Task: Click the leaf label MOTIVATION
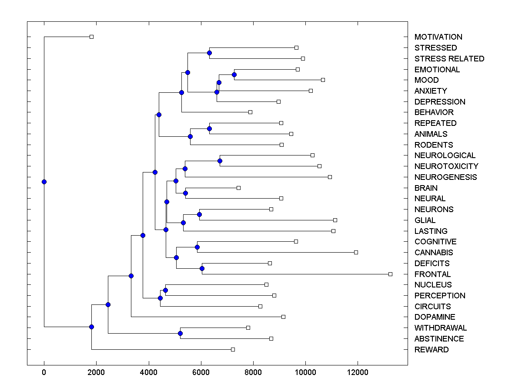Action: point(438,37)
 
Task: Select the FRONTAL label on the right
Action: point(432,274)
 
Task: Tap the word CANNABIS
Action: point(434,253)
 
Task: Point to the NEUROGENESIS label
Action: point(445,177)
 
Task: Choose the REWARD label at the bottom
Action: point(431,350)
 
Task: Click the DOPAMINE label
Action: point(435,317)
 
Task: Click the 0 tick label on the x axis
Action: point(44,372)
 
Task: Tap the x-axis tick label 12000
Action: point(358,372)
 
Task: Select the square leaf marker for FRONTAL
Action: point(390,274)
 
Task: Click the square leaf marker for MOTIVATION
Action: point(91,37)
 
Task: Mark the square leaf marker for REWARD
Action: point(233,349)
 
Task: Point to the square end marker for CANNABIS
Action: point(356,252)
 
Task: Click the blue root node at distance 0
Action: point(44,182)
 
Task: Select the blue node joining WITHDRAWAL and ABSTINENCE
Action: point(181,333)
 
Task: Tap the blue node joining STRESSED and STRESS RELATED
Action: point(209,53)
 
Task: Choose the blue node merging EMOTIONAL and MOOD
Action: point(234,75)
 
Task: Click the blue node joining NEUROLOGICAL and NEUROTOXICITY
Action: point(220,161)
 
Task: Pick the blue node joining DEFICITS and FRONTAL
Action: point(202,268)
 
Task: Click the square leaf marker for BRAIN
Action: point(238,188)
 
